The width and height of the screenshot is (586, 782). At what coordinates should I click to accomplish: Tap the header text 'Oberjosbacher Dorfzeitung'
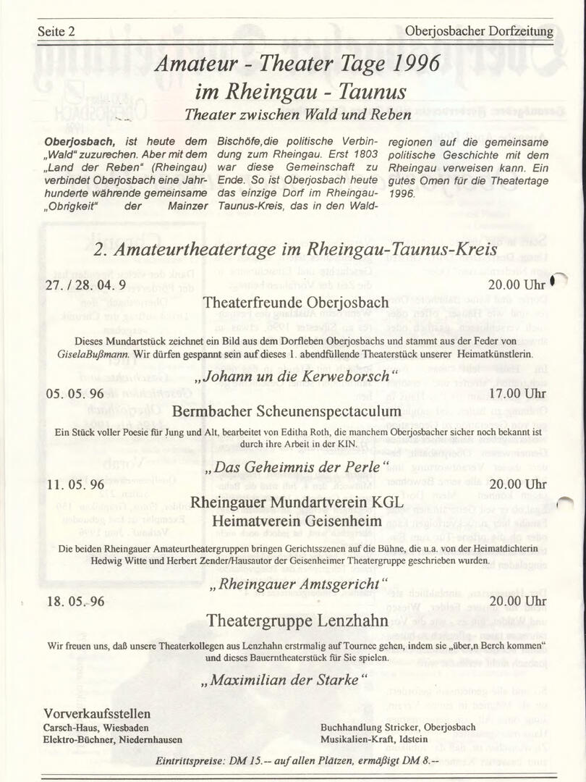[x=480, y=32]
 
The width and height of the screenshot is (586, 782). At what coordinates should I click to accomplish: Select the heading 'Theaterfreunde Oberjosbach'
[x=296, y=302]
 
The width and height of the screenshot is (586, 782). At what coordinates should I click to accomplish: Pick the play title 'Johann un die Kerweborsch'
[x=297, y=377]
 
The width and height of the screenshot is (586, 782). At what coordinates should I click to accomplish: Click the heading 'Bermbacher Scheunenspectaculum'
[x=286, y=411]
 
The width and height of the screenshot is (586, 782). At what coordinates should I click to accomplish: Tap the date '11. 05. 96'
[x=75, y=484]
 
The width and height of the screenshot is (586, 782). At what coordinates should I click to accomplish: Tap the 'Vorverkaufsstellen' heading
[x=98, y=714]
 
